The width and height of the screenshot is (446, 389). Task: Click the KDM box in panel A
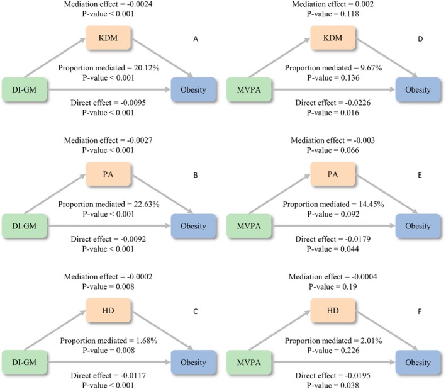108,38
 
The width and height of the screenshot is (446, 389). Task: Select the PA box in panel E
333,174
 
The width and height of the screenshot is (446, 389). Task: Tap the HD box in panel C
108,310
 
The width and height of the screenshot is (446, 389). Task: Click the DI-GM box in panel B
25,226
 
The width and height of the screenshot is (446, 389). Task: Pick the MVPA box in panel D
249,89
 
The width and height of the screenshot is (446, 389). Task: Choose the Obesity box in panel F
418,363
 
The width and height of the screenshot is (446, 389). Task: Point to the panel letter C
196,312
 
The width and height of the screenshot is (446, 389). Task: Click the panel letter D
420,38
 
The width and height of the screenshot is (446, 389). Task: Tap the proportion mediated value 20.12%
147,68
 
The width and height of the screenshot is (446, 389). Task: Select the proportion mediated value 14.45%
371,205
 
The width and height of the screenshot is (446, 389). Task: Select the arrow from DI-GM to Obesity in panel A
109,89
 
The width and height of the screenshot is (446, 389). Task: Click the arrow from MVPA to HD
279,330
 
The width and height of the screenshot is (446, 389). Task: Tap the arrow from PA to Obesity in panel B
162,194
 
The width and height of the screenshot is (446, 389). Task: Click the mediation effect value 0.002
365,4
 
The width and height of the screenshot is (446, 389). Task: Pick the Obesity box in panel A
193,89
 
